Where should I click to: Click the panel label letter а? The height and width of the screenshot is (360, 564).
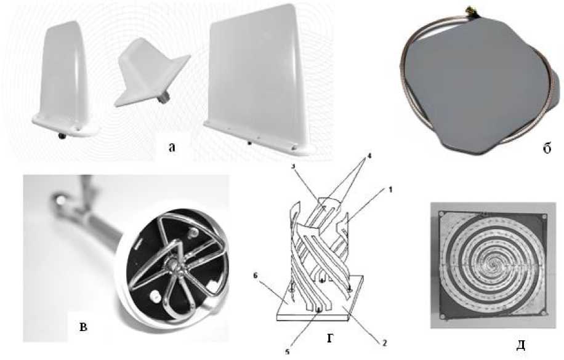[172, 146]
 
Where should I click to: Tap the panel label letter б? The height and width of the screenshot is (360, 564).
[547, 148]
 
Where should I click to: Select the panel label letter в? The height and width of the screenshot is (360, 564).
[83, 327]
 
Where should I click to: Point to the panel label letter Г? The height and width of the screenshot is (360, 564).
[330, 338]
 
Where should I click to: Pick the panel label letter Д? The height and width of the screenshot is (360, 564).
[520, 345]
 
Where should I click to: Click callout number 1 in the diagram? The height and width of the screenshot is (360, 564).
[390, 189]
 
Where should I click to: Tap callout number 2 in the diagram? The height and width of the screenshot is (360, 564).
[384, 343]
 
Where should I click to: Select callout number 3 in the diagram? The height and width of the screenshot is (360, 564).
[293, 175]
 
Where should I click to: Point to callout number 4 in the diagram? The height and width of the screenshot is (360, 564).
[369, 156]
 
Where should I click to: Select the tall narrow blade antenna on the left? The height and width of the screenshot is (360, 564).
[64, 79]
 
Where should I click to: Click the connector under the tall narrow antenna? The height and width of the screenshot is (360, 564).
[62, 136]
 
